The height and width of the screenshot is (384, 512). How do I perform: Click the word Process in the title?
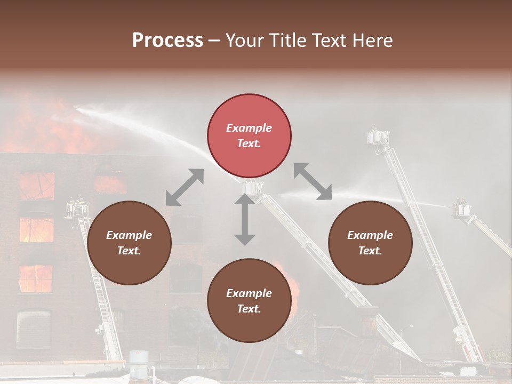tap(167, 41)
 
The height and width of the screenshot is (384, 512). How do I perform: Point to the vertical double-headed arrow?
tap(244, 219)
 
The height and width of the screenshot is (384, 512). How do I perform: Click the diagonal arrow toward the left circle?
tap(185, 187)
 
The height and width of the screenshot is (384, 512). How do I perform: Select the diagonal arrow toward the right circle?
tap(313, 181)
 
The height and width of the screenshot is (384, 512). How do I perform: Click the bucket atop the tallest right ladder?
tap(378, 137)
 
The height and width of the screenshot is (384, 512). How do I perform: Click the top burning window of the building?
tap(37, 186)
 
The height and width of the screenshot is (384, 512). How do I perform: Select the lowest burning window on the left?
tap(36, 278)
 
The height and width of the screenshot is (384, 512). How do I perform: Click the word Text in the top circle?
tap(249, 143)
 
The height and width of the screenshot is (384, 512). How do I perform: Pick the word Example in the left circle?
tap(129, 235)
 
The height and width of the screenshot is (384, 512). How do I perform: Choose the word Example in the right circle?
tap(370, 235)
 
